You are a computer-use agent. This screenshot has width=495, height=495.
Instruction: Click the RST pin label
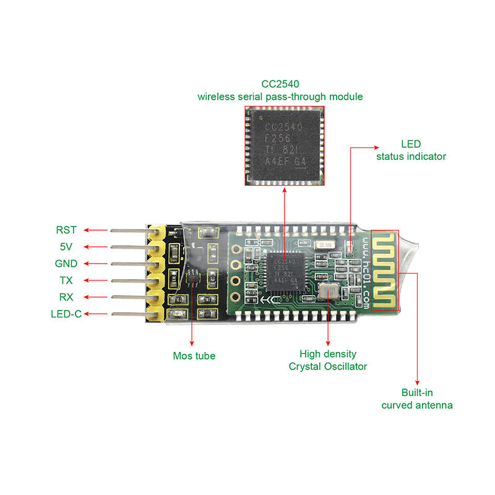click(x=66, y=230)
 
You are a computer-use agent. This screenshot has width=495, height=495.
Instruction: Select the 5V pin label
click(x=66, y=247)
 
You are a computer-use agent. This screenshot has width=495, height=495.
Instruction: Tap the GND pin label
click(x=66, y=264)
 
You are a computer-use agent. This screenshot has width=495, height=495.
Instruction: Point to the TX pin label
click(x=66, y=280)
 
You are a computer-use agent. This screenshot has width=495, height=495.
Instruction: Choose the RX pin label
click(x=66, y=297)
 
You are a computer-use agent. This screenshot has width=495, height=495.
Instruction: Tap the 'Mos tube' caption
click(x=194, y=356)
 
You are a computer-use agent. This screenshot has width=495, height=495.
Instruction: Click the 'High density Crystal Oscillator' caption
click(x=328, y=360)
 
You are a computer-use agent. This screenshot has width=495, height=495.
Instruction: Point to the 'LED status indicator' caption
click(x=411, y=150)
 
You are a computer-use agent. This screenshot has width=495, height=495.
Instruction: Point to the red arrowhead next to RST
click(x=87, y=230)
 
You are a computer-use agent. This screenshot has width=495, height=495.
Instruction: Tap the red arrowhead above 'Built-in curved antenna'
click(x=418, y=382)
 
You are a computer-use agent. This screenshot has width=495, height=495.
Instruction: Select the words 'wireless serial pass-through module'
click(x=280, y=97)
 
